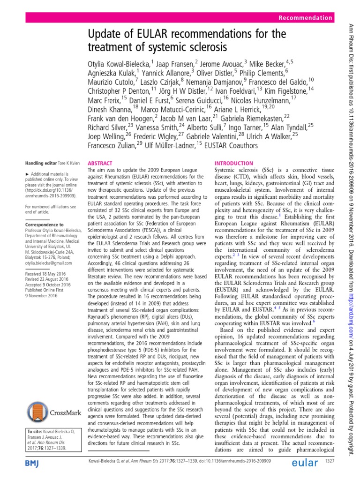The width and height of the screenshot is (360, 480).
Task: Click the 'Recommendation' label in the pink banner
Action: (305, 18)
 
